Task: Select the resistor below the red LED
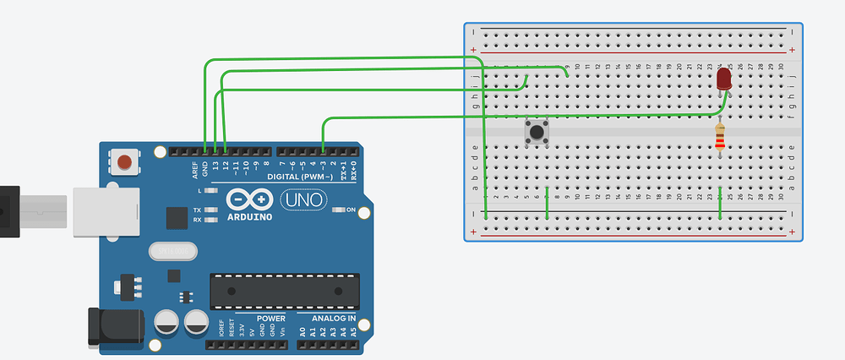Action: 720,139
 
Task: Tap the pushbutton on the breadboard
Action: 537,133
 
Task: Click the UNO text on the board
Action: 297,201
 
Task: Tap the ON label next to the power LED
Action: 350,210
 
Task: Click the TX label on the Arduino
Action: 197,210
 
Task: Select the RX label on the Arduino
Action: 197,220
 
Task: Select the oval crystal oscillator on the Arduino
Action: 172,250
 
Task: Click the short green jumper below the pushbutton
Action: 548,203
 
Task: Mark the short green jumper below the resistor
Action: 720,204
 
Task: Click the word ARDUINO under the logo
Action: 249,216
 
